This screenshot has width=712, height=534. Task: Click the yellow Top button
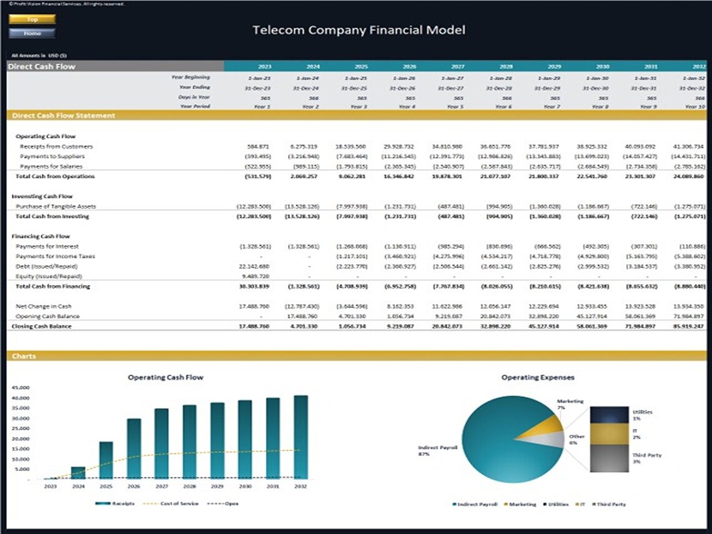pos(32,19)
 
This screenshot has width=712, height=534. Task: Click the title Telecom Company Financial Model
pos(358,30)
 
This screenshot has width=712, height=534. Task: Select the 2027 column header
pos(457,66)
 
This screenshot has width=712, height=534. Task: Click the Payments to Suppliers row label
pos(52,156)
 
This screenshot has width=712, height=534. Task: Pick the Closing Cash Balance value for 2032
pos(690,326)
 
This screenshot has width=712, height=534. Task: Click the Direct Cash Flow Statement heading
pos(64,116)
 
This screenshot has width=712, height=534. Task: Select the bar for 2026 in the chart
pos(134,448)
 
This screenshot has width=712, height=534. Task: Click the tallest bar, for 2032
pos(300,437)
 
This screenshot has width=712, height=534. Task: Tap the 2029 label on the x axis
pos(217,486)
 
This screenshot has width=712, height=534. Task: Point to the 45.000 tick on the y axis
pos(20,388)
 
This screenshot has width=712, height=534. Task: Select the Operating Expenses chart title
pos(538,377)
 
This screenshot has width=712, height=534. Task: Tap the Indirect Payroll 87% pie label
pos(438,451)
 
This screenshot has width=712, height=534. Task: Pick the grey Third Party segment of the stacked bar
pos(609,458)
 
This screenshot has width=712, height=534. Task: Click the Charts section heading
pos(24,356)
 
